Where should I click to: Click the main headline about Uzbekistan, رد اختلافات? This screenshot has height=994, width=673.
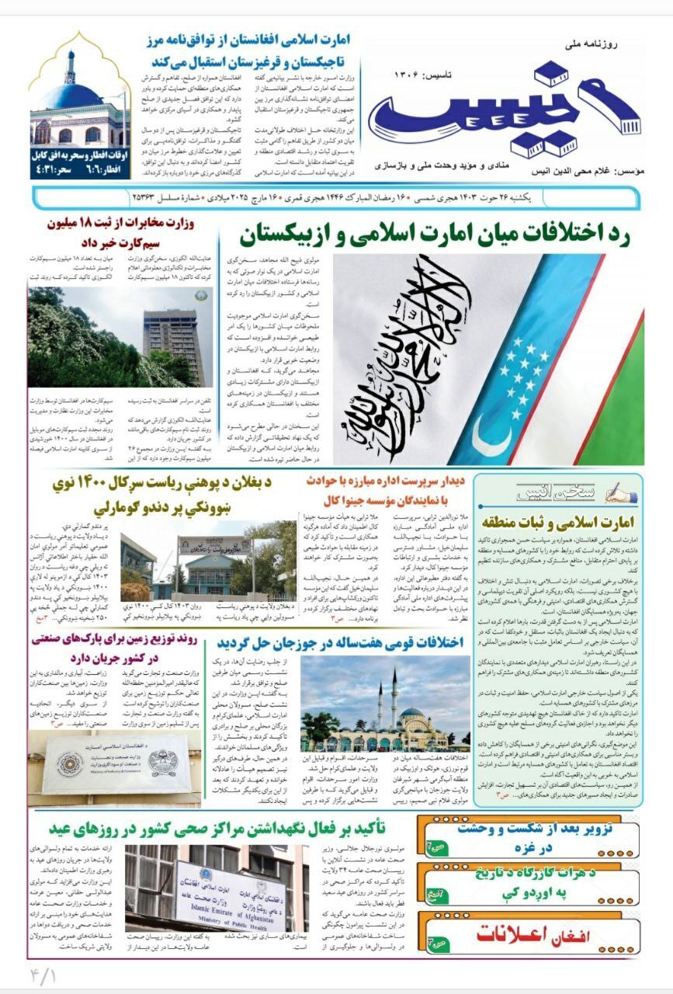(x=434, y=232)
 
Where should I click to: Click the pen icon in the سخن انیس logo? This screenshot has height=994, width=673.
(x=615, y=492)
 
